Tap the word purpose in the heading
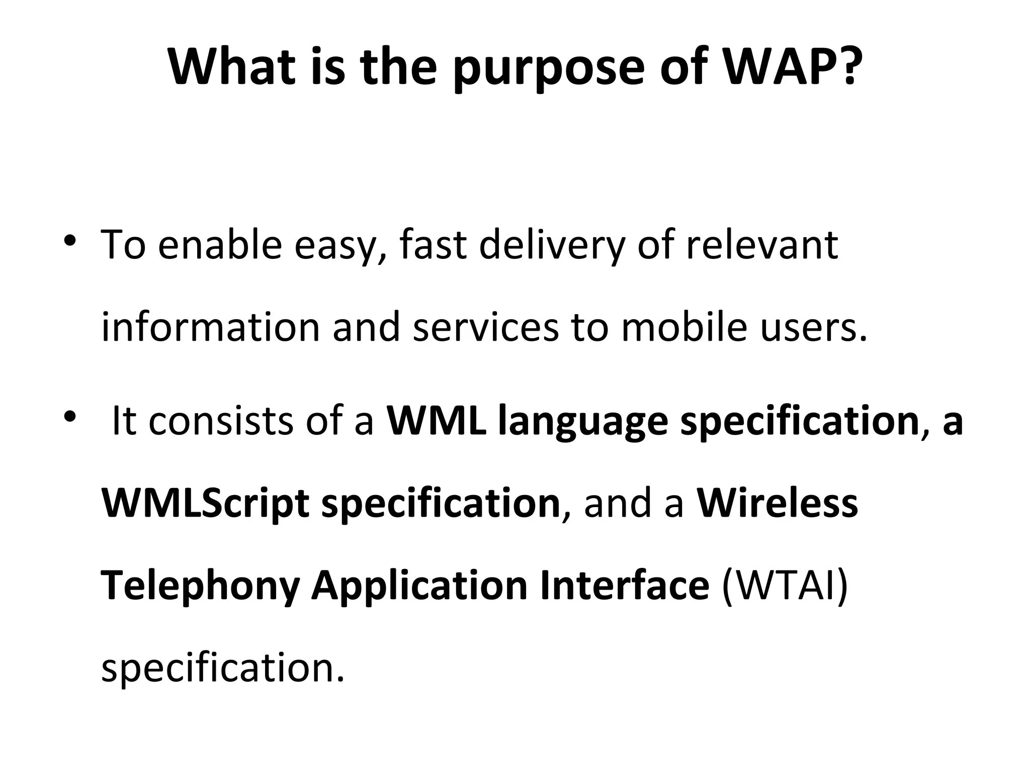[548, 70]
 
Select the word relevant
[762, 245]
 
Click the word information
[211, 327]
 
